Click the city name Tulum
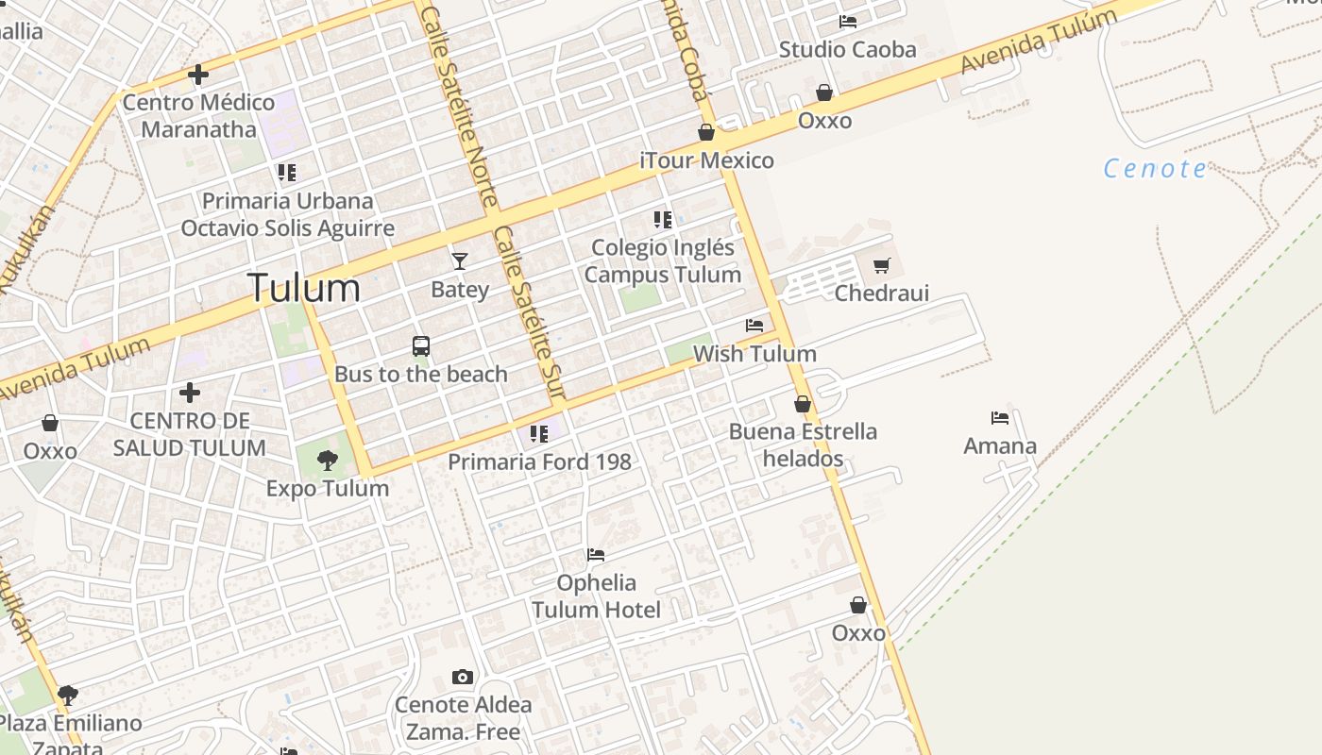(x=303, y=288)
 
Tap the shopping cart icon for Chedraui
(x=882, y=265)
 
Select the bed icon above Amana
(x=1000, y=417)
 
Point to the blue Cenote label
(x=1155, y=169)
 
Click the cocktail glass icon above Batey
(x=460, y=261)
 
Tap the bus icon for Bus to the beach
(x=421, y=346)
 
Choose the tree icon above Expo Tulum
(x=328, y=461)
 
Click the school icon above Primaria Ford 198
(x=539, y=434)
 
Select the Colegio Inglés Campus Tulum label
(x=662, y=261)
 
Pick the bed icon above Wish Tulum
(x=754, y=326)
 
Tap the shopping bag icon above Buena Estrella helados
(x=803, y=404)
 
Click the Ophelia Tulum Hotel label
(x=596, y=596)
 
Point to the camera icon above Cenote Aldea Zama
(x=462, y=677)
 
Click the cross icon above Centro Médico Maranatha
(x=198, y=74)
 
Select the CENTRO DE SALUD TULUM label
(x=189, y=434)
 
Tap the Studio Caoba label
(x=847, y=49)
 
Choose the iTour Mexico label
(x=706, y=160)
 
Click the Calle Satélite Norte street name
(x=459, y=104)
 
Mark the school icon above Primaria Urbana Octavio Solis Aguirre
(x=287, y=173)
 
